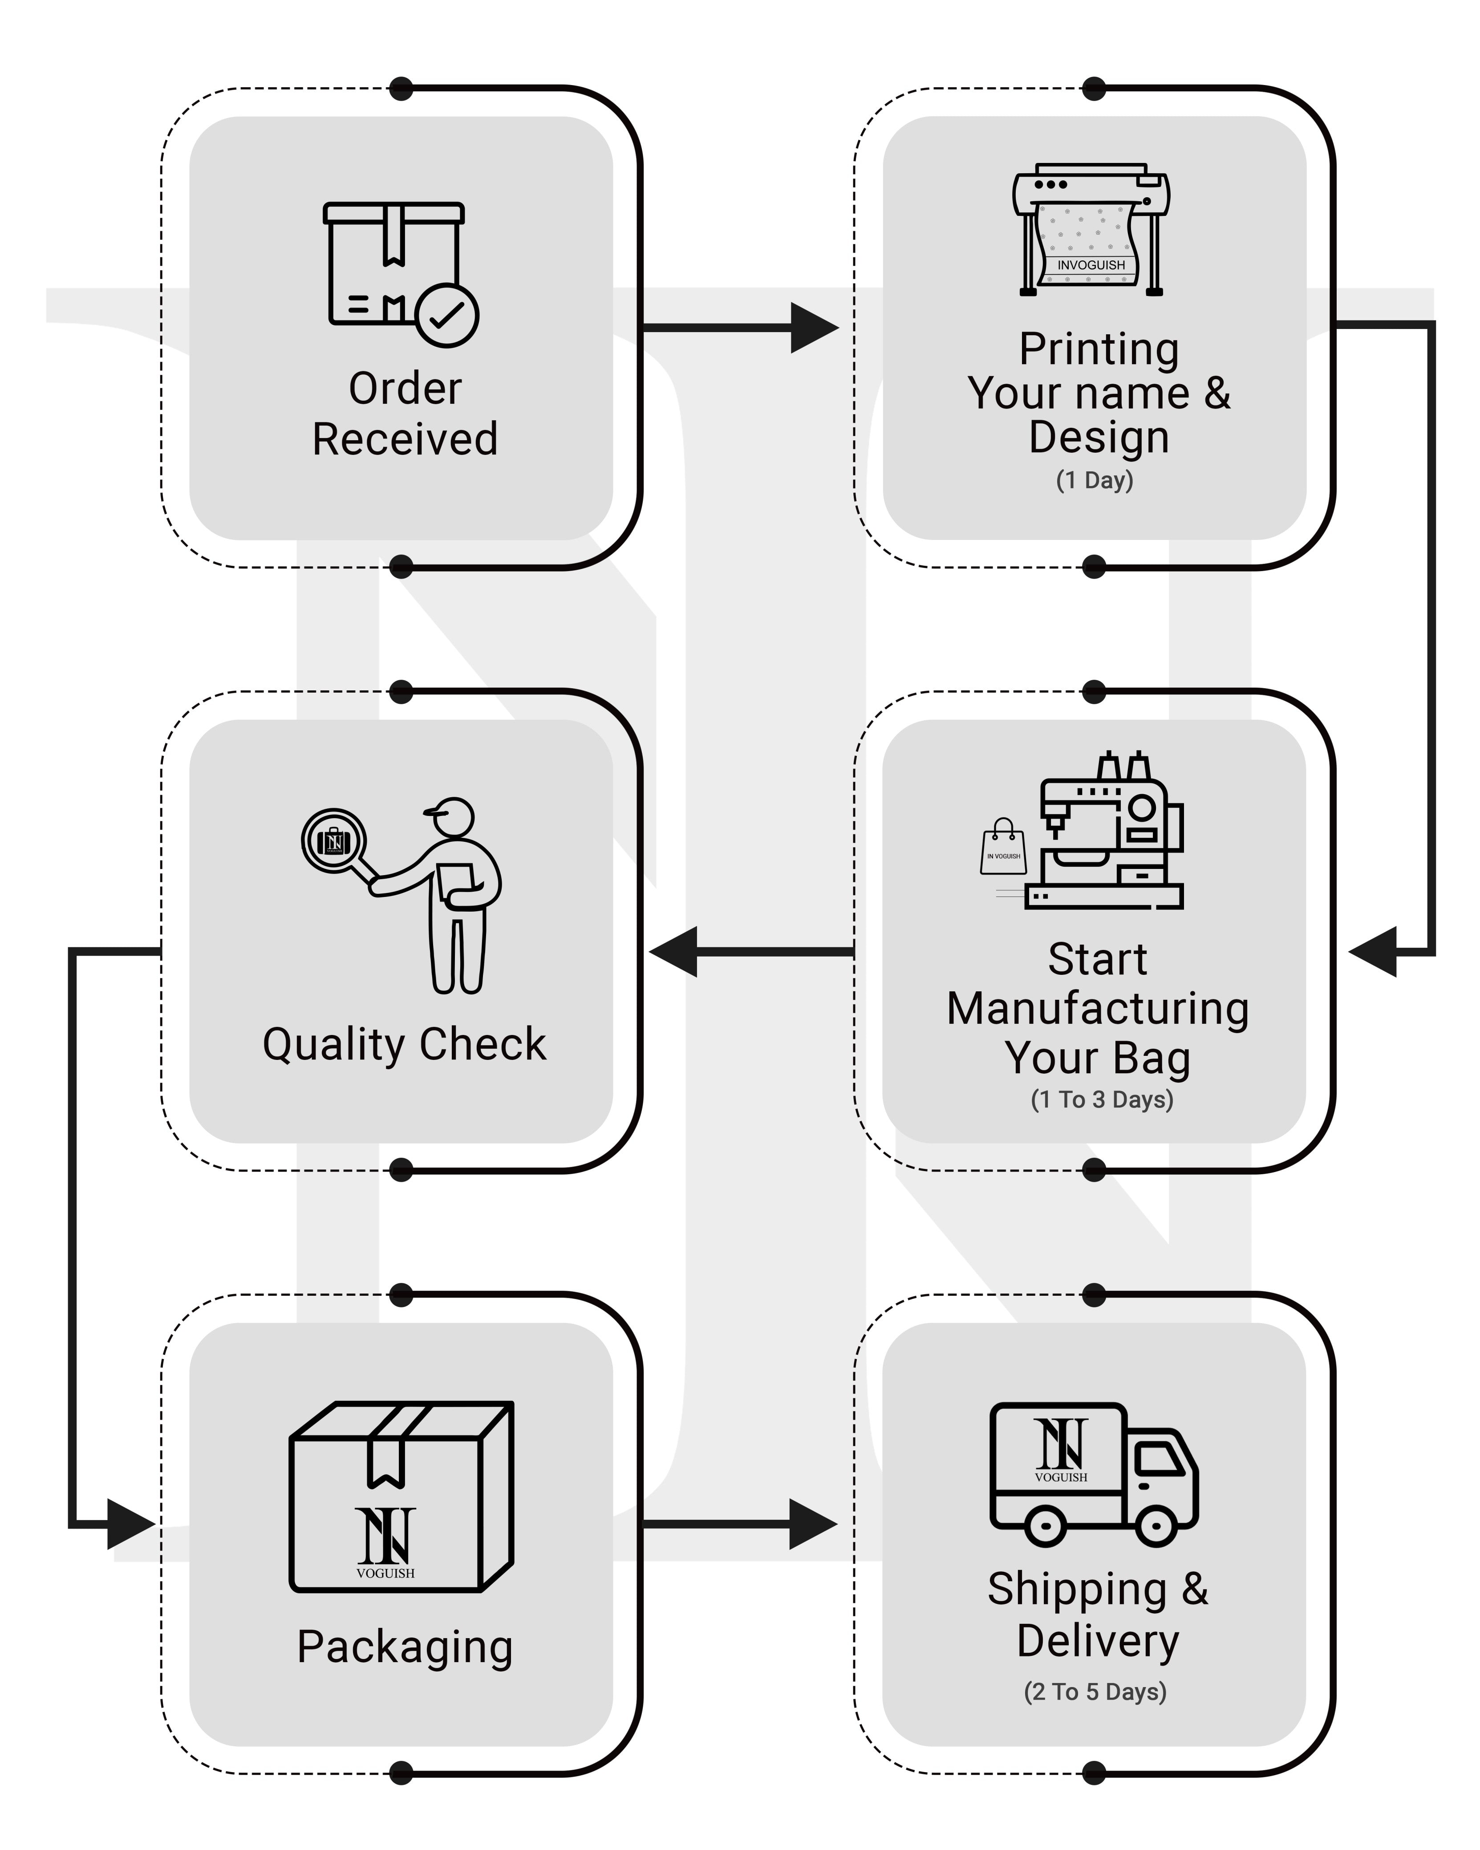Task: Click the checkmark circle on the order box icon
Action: tap(446, 315)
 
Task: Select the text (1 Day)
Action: tap(1094, 480)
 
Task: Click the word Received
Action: tap(405, 439)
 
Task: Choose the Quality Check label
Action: tap(404, 1044)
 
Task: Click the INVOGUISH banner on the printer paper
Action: tap(1091, 265)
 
